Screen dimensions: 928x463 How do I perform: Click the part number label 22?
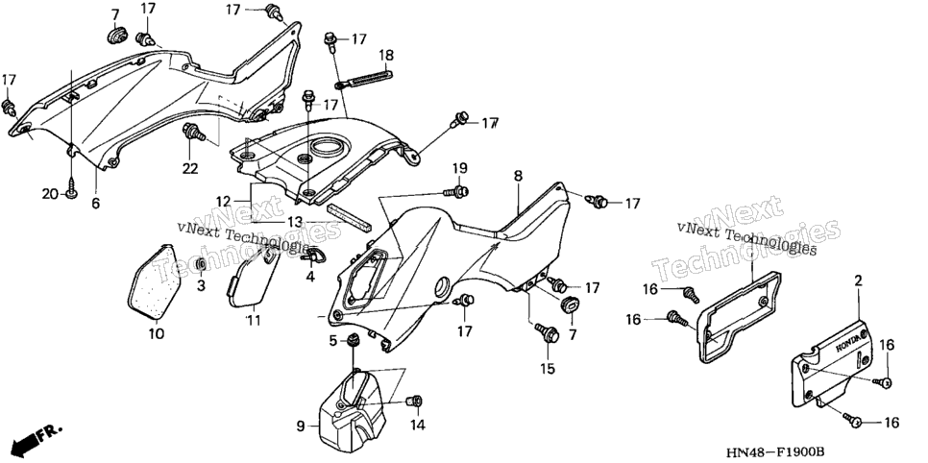pyautogui.click(x=190, y=169)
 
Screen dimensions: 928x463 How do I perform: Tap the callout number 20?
pyautogui.click(x=50, y=193)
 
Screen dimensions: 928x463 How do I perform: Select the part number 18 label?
pyautogui.click(x=386, y=56)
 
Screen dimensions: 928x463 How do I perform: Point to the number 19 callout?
pyautogui.click(x=460, y=168)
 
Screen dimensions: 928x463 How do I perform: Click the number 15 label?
pyautogui.click(x=548, y=369)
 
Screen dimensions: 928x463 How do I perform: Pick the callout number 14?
pyautogui.click(x=418, y=425)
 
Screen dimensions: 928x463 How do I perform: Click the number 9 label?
pyautogui.click(x=300, y=426)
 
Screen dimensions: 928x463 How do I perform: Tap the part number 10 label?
pyautogui.click(x=156, y=334)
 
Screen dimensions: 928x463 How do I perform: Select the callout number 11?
pyautogui.click(x=254, y=320)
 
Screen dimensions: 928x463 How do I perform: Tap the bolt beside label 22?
pyautogui.click(x=195, y=134)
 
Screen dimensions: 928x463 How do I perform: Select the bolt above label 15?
pyautogui.click(x=547, y=332)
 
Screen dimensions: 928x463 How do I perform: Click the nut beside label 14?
pyautogui.click(x=414, y=402)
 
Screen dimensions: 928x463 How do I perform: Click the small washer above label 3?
pyautogui.click(x=201, y=263)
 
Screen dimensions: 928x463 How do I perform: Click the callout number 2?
pyautogui.click(x=858, y=281)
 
